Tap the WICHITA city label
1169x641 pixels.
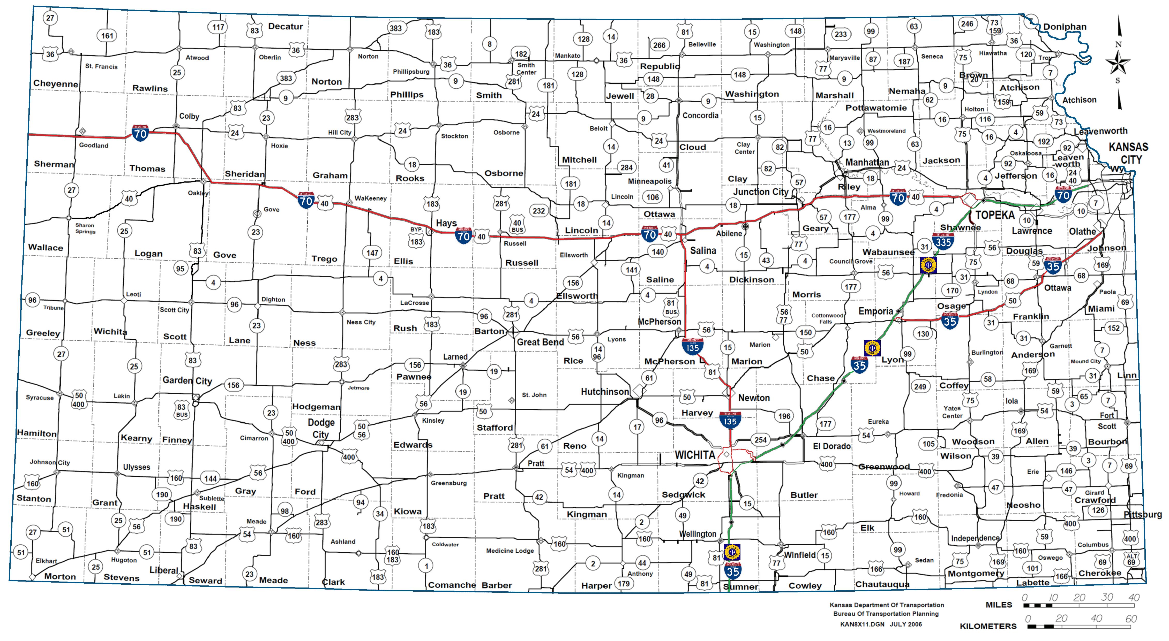(x=694, y=455)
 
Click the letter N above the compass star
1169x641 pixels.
(x=1118, y=44)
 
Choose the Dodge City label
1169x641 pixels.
(x=321, y=428)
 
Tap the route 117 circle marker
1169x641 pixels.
(x=218, y=27)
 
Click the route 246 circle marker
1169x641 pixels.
(x=967, y=24)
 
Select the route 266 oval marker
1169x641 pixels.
(x=659, y=45)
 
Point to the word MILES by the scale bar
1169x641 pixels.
(x=998, y=605)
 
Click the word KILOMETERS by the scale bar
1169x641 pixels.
(x=988, y=626)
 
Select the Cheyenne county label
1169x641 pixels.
(x=55, y=83)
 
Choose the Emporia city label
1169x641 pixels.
(x=875, y=311)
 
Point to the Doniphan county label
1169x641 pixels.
(x=1065, y=27)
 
